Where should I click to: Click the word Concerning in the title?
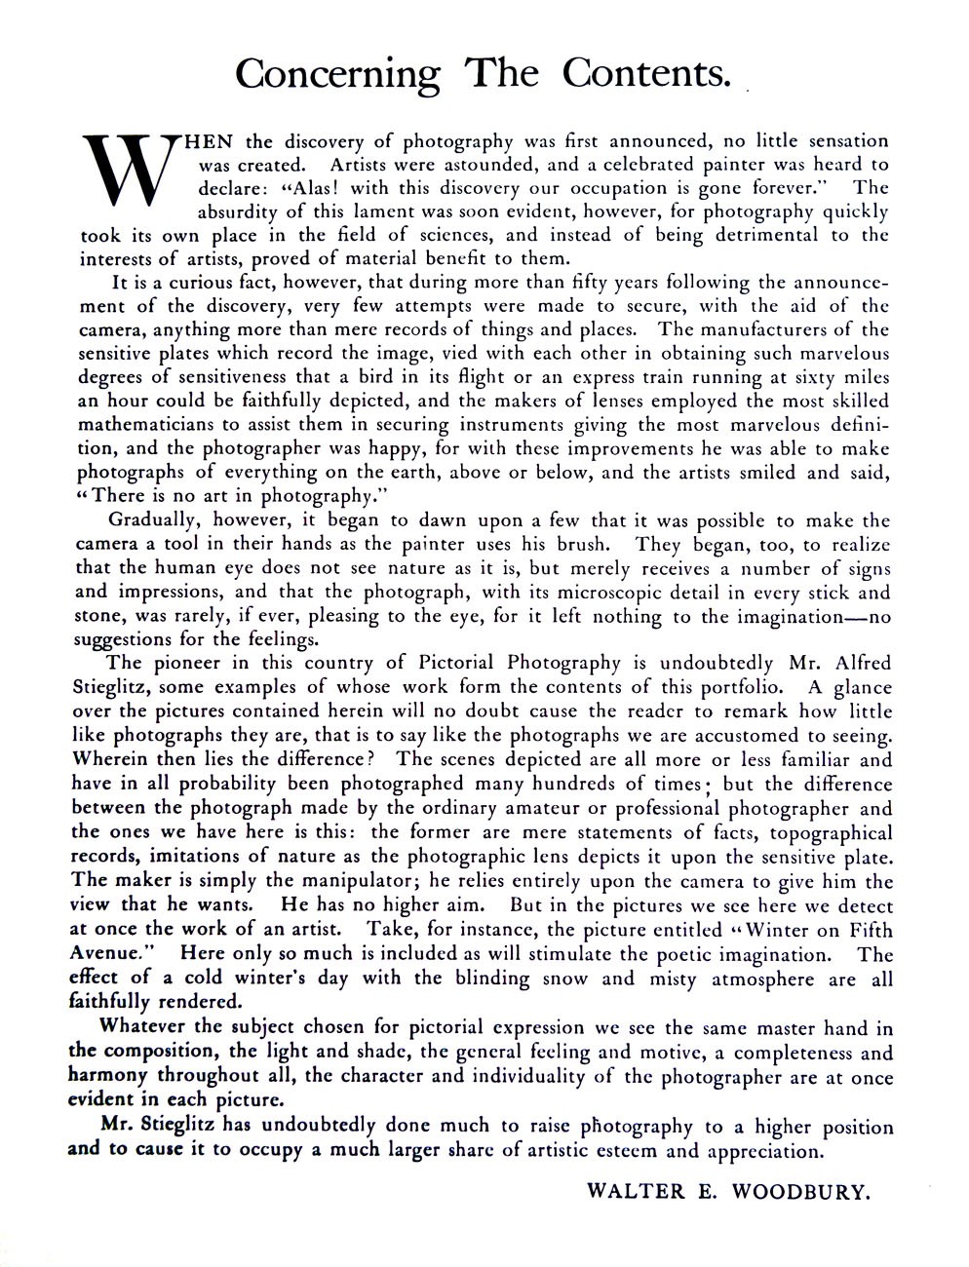337,74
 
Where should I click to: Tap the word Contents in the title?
647,74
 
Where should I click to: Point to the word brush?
588,544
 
